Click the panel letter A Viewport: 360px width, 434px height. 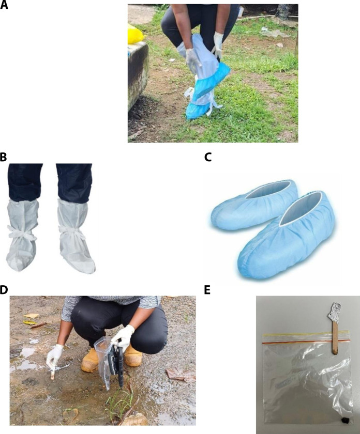[4, 5]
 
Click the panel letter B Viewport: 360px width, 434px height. [3, 157]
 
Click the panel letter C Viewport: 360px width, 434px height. [208, 157]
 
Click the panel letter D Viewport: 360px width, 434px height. [4, 289]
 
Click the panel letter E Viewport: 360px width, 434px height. [207, 289]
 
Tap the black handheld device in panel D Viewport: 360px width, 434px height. [117, 365]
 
